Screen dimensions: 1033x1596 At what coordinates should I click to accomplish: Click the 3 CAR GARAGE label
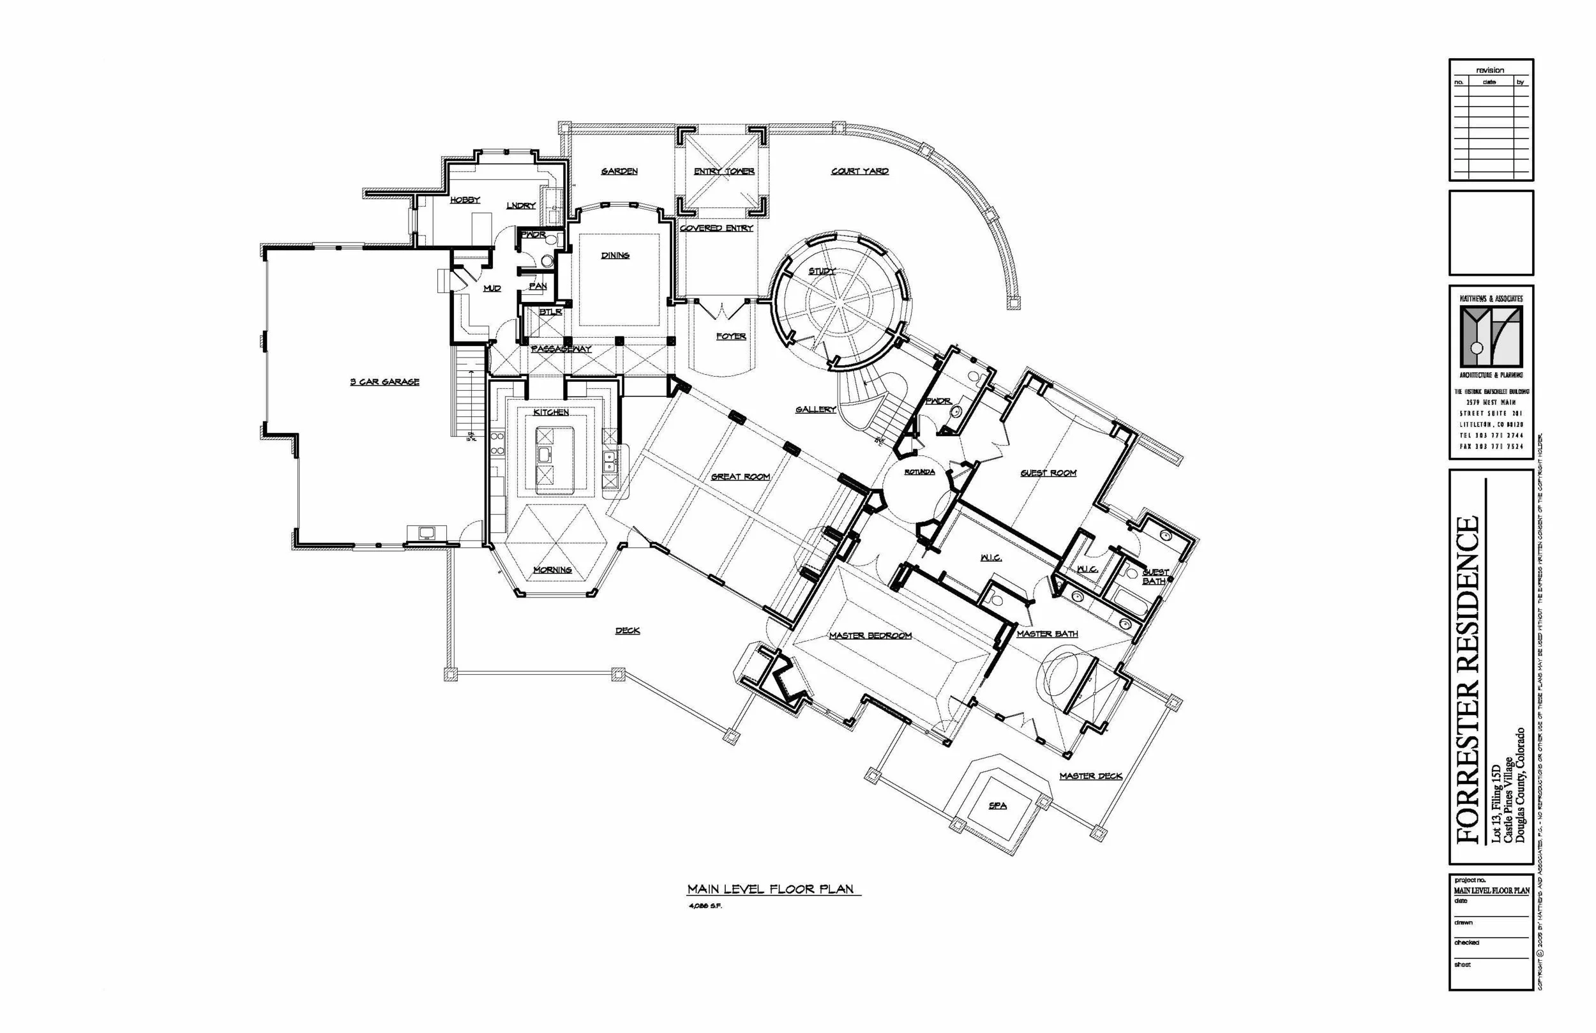[x=384, y=382]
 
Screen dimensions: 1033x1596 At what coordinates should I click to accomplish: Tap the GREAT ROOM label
[x=740, y=476]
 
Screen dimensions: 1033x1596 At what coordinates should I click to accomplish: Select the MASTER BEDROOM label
[x=870, y=635]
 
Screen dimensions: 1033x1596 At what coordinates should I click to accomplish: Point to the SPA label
[x=997, y=806]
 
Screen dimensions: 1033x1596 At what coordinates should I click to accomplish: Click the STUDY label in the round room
[x=822, y=271]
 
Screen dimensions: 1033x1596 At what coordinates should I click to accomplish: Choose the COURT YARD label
[x=860, y=171]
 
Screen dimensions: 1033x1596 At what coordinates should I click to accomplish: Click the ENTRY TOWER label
[x=723, y=171]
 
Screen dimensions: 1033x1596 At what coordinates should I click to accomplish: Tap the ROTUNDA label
[x=919, y=472]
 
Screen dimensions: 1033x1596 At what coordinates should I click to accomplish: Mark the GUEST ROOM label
[x=1048, y=473]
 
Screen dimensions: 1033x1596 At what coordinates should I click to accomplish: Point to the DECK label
[x=627, y=631]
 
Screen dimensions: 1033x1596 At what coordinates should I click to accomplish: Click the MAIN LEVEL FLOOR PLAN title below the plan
[x=770, y=889]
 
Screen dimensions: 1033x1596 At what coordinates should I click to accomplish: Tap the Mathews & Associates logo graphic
[x=1491, y=336]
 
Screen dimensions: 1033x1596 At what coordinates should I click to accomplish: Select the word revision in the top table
[x=1490, y=70]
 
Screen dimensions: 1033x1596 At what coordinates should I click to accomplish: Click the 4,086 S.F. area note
[x=705, y=906]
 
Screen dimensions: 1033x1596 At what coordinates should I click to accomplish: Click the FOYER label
[x=730, y=336]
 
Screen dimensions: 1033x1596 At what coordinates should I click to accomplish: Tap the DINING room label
[x=614, y=255]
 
